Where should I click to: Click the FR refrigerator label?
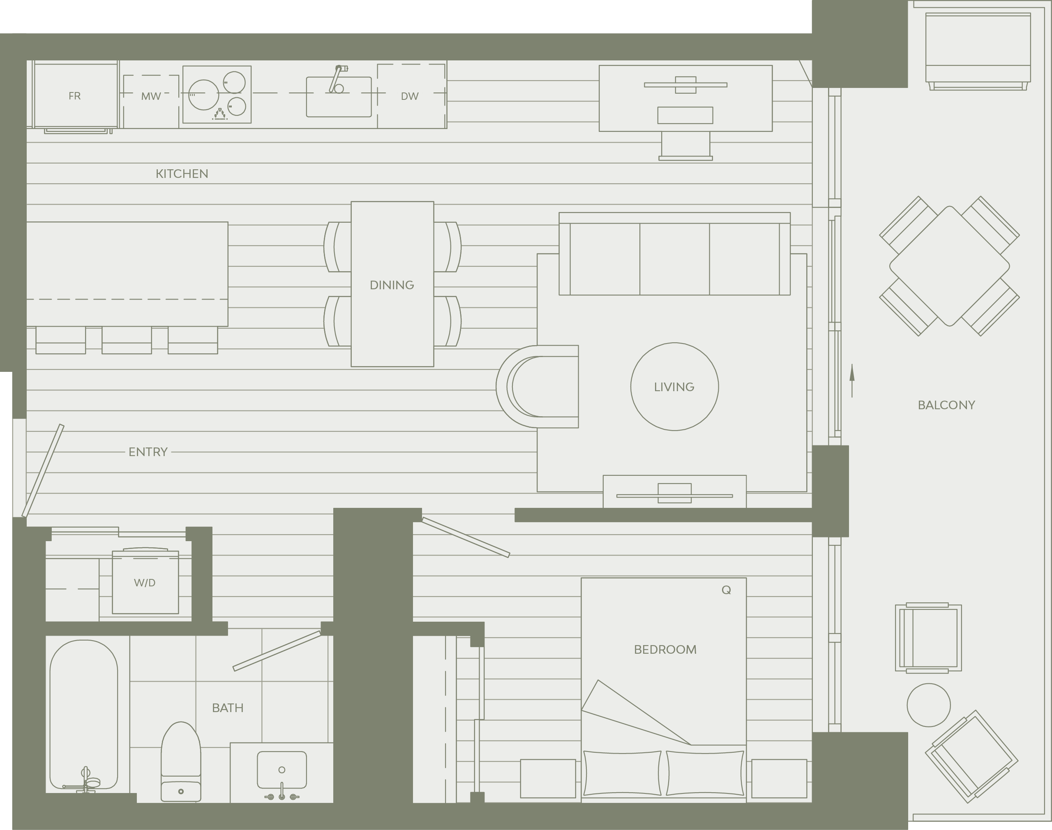(x=74, y=96)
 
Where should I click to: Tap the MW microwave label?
(x=151, y=96)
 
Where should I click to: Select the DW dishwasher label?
(x=410, y=96)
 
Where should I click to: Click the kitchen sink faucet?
(x=338, y=79)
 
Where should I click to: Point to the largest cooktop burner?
(x=203, y=94)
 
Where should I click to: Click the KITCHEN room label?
(x=182, y=174)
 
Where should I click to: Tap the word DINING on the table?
(x=392, y=285)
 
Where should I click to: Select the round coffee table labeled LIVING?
(x=674, y=386)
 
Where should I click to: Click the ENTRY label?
(x=148, y=452)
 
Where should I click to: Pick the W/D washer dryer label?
(x=145, y=583)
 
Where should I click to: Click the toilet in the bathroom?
(x=181, y=761)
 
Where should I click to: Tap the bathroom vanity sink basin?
(x=282, y=770)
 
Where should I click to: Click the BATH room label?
(x=227, y=708)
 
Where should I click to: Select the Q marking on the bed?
(x=727, y=590)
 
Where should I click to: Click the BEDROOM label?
(x=665, y=650)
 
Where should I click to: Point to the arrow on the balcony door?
(x=852, y=380)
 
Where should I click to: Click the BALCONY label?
(x=946, y=405)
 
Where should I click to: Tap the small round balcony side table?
(x=929, y=705)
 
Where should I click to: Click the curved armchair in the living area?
(x=538, y=387)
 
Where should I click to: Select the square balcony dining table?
(x=950, y=266)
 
